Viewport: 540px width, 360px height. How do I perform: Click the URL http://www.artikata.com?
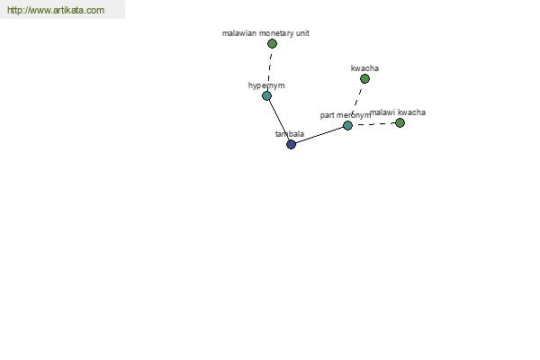click(55, 11)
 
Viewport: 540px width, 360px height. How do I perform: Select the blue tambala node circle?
click(291, 144)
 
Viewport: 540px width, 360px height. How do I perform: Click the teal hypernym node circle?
click(266, 95)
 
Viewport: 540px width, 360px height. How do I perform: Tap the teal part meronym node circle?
click(347, 125)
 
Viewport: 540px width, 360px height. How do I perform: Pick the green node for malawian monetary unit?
click(272, 43)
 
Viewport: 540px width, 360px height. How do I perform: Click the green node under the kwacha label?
click(364, 78)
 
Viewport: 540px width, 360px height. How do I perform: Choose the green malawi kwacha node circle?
click(400, 122)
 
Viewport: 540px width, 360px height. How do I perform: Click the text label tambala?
click(289, 134)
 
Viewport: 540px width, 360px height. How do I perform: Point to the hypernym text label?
click(266, 85)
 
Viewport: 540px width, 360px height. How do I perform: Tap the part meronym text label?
click(345, 115)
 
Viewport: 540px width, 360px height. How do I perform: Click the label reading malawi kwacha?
click(398, 112)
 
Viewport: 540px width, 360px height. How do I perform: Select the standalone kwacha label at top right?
click(364, 68)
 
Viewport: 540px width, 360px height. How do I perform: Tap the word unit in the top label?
click(302, 33)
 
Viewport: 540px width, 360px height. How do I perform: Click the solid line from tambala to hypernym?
click(279, 121)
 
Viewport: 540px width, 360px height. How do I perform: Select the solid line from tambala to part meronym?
click(319, 134)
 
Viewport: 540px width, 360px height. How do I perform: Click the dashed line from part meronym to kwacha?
click(356, 101)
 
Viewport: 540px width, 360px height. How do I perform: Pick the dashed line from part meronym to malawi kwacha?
click(374, 124)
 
